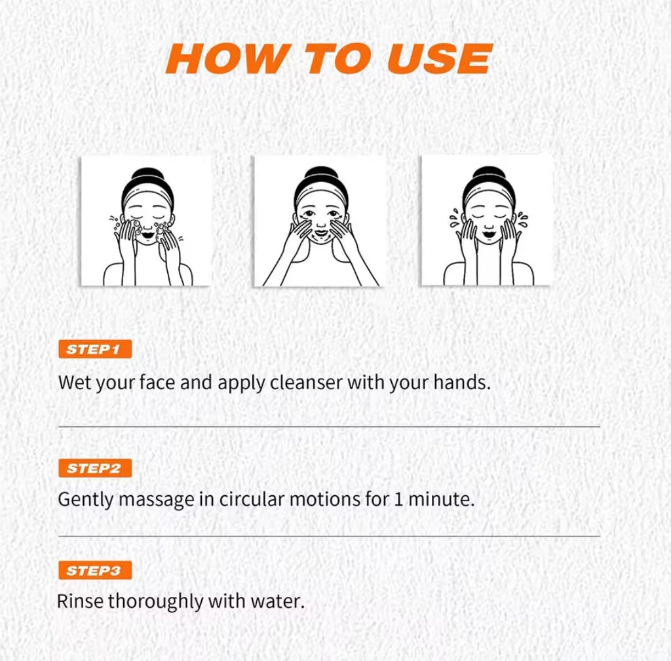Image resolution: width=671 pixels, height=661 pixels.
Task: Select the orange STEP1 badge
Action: tap(95, 349)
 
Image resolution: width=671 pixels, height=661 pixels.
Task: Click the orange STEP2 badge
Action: tap(95, 468)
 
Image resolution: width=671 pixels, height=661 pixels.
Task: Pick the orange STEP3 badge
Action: tap(95, 571)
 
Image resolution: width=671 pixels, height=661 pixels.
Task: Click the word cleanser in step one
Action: tap(306, 382)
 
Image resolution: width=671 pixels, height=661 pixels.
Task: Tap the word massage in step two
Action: tap(156, 499)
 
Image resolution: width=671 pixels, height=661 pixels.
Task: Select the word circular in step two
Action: tap(252, 499)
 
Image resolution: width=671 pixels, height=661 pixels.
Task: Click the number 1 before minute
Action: tap(398, 499)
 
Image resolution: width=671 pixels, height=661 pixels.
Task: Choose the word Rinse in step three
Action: tap(79, 601)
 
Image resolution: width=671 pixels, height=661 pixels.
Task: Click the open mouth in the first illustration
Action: tap(147, 235)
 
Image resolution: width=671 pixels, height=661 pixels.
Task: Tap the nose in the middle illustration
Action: tap(320, 224)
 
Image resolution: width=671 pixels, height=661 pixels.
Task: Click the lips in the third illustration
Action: tap(488, 234)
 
